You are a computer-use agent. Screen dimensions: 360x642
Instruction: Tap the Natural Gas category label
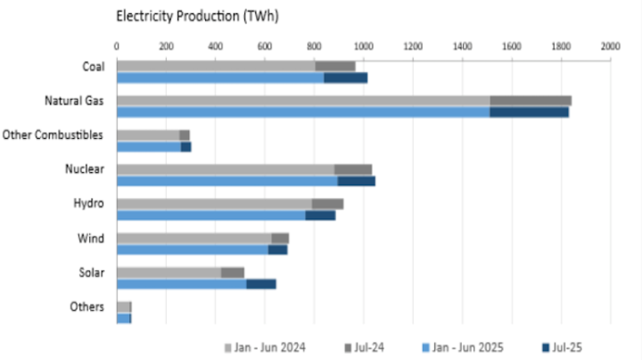pos(74,101)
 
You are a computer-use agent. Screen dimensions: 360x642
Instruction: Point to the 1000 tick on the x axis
pos(363,45)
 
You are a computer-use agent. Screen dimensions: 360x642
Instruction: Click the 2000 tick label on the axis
pos(610,45)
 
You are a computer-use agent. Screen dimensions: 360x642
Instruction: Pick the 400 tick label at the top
pos(215,45)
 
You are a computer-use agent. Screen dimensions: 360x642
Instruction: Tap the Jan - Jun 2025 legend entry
pos(470,347)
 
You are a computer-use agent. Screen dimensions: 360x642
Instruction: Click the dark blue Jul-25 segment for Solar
pos(260,284)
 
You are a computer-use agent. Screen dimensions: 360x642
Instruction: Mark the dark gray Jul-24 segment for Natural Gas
pos(531,101)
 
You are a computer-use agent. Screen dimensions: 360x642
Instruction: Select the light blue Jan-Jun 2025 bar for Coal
pos(219,78)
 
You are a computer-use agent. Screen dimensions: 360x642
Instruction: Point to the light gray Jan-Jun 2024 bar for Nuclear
pos(225,169)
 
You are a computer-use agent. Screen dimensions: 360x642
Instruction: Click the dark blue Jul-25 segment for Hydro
pos(320,215)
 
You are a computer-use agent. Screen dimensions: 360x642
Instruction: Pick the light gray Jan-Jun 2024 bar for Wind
pos(193,238)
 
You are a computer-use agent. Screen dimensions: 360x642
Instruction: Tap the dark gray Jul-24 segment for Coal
pos(335,66)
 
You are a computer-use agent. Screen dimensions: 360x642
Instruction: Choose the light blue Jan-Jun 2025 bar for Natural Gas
pos(303,112)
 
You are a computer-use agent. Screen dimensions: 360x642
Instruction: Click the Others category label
pos(91,307)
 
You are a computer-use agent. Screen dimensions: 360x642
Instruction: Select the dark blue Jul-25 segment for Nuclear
pos(357,181)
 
